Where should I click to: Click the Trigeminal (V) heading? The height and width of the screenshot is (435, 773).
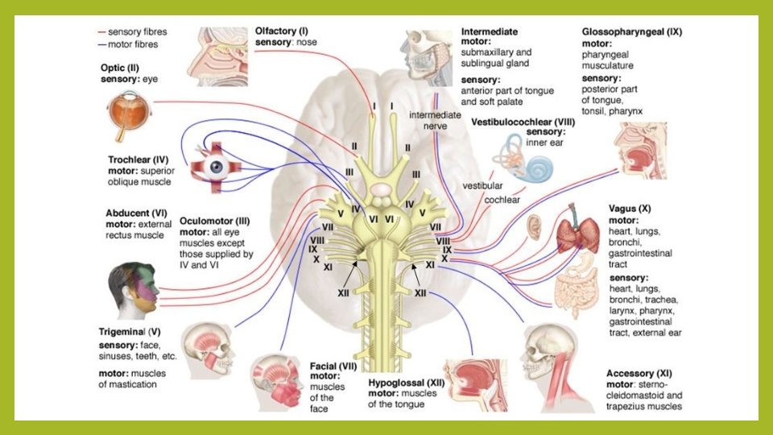click(x=132, y=331)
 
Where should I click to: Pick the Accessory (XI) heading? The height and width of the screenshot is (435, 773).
click(x=639, y=373)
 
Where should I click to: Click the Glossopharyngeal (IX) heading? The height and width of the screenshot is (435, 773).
click(x=632, y=32)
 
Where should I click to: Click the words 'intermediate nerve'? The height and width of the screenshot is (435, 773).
click(x=434, y=121)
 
